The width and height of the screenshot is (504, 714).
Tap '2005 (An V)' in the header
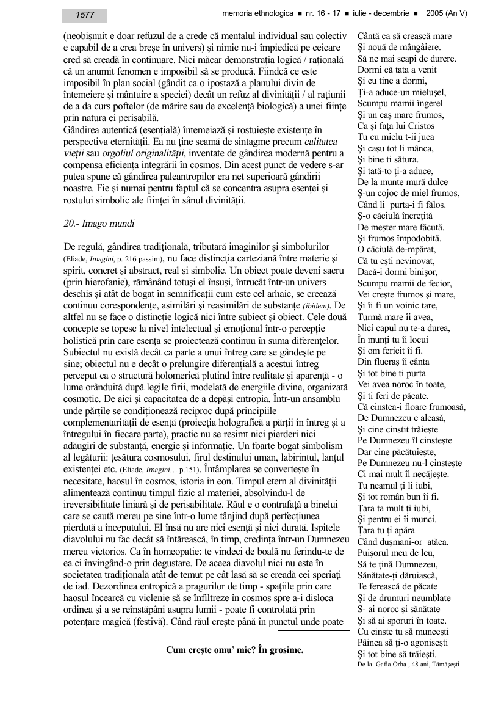447,13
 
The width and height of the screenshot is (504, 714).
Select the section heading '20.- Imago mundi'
99,224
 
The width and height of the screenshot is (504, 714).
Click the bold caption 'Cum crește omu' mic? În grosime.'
235,650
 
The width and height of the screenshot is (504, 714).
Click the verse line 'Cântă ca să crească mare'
404,37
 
